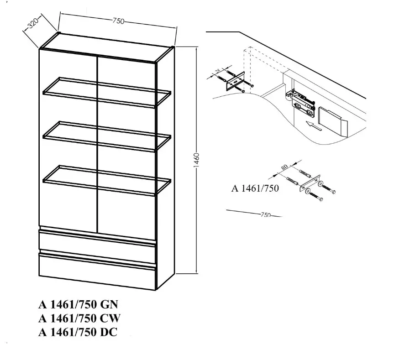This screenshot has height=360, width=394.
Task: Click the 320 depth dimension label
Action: click(33, 23)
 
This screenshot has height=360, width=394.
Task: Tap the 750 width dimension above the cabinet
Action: click(118, 21)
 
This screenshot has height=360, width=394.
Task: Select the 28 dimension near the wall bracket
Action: click(218, 71)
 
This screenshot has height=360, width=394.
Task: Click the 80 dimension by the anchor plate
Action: click(284, 167)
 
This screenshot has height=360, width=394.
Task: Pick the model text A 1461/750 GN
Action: click(78, 304)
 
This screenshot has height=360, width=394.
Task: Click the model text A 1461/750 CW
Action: click(79, 318)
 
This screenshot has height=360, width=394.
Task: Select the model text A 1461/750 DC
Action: click(78, 332)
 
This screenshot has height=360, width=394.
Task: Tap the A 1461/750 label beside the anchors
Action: click(255, 188)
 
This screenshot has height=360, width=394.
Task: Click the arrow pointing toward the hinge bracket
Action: click(314, 125)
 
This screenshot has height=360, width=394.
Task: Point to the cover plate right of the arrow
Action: click(333, 122)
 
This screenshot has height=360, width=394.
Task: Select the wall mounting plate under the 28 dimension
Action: click(236, 81)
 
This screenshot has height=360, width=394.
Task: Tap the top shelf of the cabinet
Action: click(107, 92)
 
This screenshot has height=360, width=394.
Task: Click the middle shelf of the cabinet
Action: click(107, 136)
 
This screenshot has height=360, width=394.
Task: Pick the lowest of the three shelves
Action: click(107, 180)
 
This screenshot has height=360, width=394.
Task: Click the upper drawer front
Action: click(98, 246)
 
